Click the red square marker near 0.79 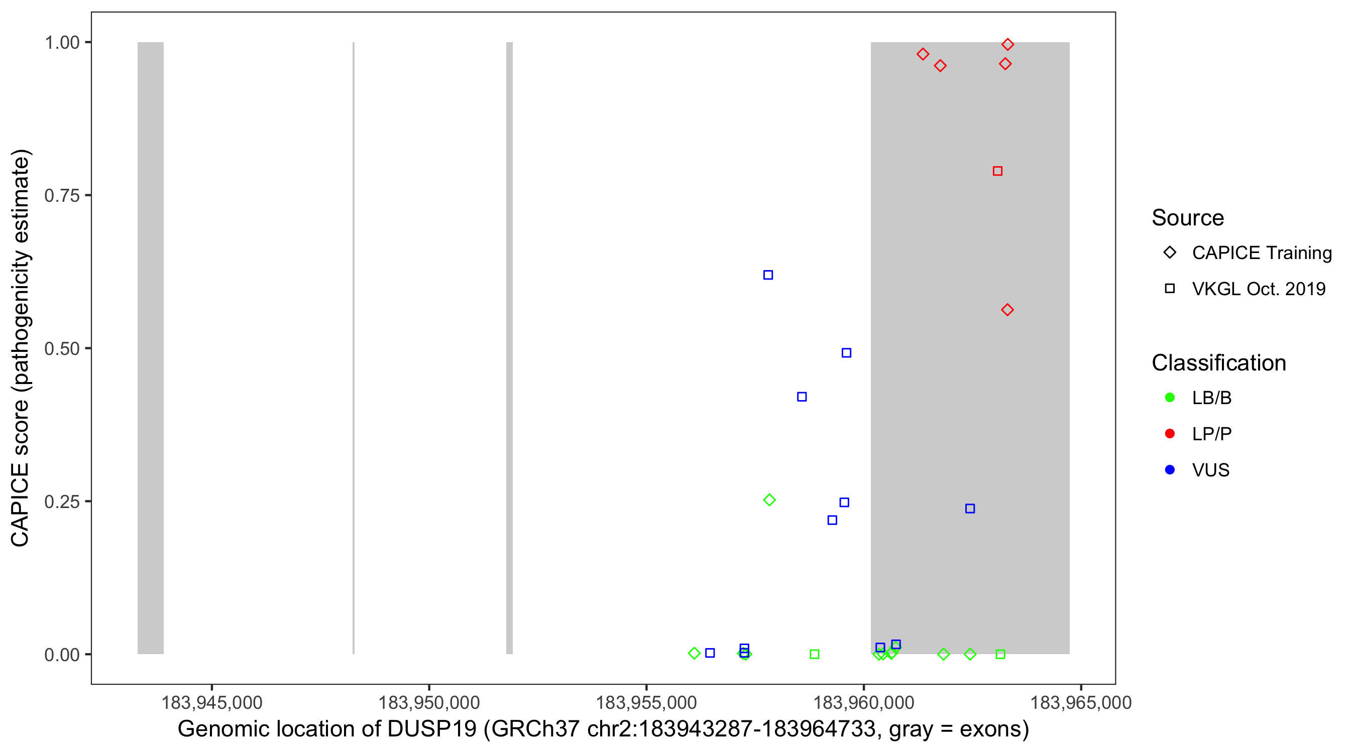997,171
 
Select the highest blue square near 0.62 768,275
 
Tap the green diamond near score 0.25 769,500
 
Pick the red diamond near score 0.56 1007,310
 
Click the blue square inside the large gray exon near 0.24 970,509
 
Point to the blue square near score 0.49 846,352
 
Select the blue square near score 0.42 802,397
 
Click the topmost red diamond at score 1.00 1007,44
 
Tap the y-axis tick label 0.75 62,196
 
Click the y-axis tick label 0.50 62,349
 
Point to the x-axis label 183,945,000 211,702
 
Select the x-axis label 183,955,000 646,702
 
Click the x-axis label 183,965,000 1081,702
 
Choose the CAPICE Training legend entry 1261,253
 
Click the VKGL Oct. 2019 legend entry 1258,289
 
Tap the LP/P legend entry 1211,434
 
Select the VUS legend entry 1210,470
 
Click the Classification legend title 1218,363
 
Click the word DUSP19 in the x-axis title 431,729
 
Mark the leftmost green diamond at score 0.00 694,653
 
